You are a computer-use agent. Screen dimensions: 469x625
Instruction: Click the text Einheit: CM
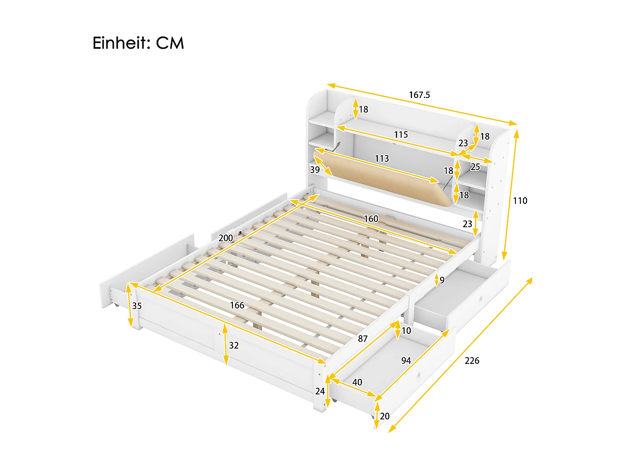point(138,43)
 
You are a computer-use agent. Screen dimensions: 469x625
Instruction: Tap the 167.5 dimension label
point(419,95)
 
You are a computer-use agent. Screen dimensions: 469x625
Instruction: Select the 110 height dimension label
point(520,201)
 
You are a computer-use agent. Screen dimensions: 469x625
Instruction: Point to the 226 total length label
point(472,361)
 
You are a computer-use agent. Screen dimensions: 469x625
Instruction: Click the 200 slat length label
point(226,238)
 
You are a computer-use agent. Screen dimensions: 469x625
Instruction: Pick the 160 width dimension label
point(371,219)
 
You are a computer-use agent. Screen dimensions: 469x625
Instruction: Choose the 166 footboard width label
point(237,306)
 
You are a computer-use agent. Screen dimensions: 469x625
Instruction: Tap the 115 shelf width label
point(401,135)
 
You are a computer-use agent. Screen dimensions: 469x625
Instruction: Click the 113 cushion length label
point(382,159)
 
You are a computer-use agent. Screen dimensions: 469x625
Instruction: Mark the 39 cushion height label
point(315,170)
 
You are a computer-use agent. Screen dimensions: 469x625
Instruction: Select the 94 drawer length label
point(406,361)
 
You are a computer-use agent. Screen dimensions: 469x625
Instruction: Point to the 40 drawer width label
point(357,382)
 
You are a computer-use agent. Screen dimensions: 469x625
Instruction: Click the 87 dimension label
point(363,339)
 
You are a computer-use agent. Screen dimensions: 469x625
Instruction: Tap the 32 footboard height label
point(234,345)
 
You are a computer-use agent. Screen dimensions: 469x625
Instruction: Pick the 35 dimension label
point(137,306)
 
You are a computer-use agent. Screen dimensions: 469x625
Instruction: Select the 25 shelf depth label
point(475,167)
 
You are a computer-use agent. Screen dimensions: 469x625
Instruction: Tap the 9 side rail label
point(442,280)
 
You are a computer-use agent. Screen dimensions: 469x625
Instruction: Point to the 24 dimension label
point(320,391)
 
